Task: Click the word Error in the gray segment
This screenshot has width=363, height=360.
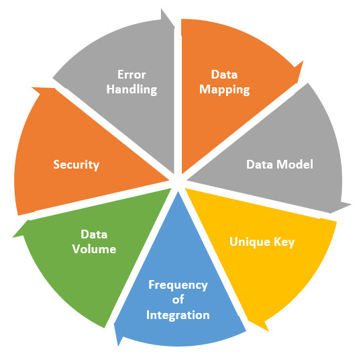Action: (x=132, y=75)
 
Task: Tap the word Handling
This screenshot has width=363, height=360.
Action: (x=132, y=90)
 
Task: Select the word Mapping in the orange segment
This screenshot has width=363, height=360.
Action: (x=225, y=90)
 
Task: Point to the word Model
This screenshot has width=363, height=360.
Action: (x=295, y=165)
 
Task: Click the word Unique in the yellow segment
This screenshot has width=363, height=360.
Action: (x=250, y=242)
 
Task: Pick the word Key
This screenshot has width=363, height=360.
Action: (x=284, y=242)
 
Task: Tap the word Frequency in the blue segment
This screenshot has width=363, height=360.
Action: (x=178, y=285)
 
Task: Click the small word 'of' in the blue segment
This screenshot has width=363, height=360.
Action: (x=178, y=300)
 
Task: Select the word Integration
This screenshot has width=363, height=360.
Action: (x=178, y=315)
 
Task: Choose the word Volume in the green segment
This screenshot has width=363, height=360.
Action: (x=94, y=249)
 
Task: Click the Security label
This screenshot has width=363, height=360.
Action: (x=76, y=165)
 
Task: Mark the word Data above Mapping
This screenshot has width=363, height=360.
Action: (x=224, y=75)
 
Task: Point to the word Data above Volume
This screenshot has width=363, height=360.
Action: (x=94, y=234)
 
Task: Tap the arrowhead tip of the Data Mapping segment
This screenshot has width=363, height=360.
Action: (x=303, y=61)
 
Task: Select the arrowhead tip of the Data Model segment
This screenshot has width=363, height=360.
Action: (x=351, y=204)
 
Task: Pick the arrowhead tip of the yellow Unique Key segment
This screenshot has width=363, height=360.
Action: (x=268, y=331)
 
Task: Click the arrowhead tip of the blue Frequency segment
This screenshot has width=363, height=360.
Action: (x=118, y=346)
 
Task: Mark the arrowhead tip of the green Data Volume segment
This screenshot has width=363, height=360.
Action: (x=13, y=237)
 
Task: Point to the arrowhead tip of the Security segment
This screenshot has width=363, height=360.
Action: (x=32, y=87)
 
